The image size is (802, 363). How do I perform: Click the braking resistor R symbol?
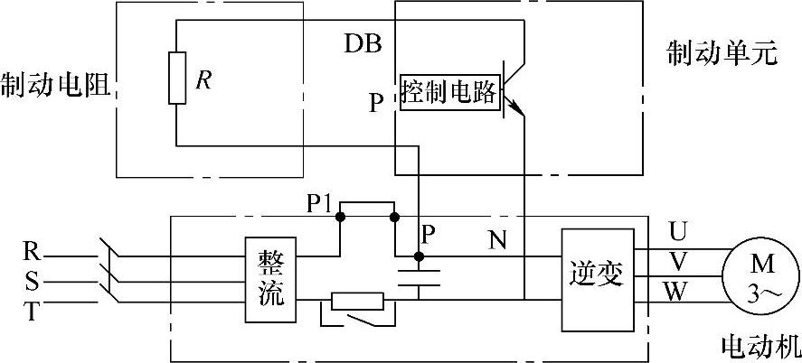(x=176, y=79)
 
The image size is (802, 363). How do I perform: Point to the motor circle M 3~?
(x=756, y=272)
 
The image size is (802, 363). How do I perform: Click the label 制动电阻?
(x=55, y=85)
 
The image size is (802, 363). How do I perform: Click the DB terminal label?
(x=363, y=43)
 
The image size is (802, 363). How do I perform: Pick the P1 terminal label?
(x=318, y=204)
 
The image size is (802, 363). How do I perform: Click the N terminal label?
(x=497, y=240)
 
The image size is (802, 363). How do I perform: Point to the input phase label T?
(x=31, y=312)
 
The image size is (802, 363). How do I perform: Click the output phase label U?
(x=677, y=232)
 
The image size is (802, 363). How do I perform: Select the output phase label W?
(x=677, y=291)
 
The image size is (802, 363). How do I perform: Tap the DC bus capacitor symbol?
(x=418, y=275)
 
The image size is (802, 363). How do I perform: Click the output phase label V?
(x=677, y=262)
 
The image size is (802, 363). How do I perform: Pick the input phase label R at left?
(x=31, y=254)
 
